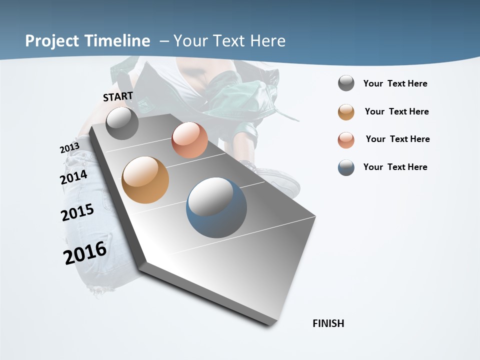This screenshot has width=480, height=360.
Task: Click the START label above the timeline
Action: pyautogui.click(x=118, y=96)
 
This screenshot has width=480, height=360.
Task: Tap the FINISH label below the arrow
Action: pyautogui.click(x=328, y=323)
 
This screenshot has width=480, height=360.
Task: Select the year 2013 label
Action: pyautogui.click(x=69, y=148)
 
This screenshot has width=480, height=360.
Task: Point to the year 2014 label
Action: pyautogui.click(x=73, y=177)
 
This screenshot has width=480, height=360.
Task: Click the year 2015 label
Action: pyautogui.click(x=77, y=212)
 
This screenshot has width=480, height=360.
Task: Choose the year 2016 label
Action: pyautogui.click(x=85, y=253)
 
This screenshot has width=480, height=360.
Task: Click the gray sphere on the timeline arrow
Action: pyautogui.click(x=122, y=123)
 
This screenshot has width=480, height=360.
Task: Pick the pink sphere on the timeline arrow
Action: pyautogui.click(x=189, y=140)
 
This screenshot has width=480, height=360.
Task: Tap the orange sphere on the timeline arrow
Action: pyautogui.click(x=145, y=180)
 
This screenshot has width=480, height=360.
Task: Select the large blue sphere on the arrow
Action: pyautogui.click(x=216, y=207)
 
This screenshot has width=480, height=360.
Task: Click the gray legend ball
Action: pyautogui.click(x=346, y=83)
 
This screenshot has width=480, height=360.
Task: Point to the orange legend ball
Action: pyautogui.click(x=346, y=112)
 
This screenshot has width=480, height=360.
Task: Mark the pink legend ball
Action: pyautogui.click(x=346, y=140)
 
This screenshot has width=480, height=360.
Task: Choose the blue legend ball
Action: pyautogui.click(x=346, y=167)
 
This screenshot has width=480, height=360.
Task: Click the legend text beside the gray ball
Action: pyautogui.click(x=395, y=83)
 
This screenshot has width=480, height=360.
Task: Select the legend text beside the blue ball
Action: pyautogui.click(x=395, y=167)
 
